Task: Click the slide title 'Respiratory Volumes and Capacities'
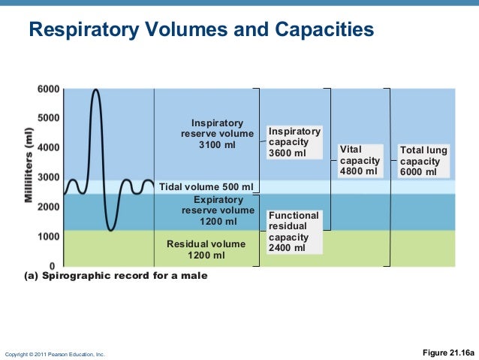pos(200,31)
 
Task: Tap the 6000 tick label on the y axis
pos(48,89)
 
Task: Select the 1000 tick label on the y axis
pos(48,236)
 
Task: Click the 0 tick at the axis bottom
pos(52,266)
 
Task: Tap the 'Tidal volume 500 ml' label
pos(208,186)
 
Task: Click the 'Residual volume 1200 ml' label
pos(206,250)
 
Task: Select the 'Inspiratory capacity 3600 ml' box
pos(294,142)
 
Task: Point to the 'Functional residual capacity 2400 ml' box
pos(294,231)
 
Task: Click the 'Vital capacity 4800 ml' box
pos(360,161)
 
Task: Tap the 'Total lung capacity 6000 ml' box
pos(423,161)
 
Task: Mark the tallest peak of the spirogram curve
pos(95,90)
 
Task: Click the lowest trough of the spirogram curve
pos(111,230)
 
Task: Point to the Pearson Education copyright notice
pos(55,354)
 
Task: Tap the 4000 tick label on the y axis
pos(48,148)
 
